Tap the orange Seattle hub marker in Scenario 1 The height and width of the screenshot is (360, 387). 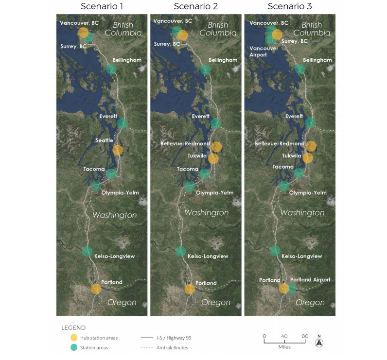click(118, 150)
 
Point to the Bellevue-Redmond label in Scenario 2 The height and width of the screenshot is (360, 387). click(185, 144)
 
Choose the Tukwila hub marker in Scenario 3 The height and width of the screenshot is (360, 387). click(308, 157)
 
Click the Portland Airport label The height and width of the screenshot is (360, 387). click(310, 280)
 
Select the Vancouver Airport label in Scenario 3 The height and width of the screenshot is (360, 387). click(264, 52)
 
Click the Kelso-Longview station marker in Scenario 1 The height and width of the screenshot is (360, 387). click(87, 251)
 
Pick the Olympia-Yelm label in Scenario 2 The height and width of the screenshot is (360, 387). click(214, 193)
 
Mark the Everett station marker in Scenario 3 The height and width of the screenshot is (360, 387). click(310, 123)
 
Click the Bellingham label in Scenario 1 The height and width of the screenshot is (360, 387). click(128, 60)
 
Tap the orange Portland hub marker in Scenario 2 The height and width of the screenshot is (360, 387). click(190, 289)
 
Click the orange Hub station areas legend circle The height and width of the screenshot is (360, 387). click(74, 337)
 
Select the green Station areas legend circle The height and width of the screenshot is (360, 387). click(74, 347)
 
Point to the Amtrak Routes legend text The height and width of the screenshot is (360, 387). click(172, 348)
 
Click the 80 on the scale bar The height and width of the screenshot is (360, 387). click(305, 336)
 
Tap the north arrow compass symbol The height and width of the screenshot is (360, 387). click(319, 343)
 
